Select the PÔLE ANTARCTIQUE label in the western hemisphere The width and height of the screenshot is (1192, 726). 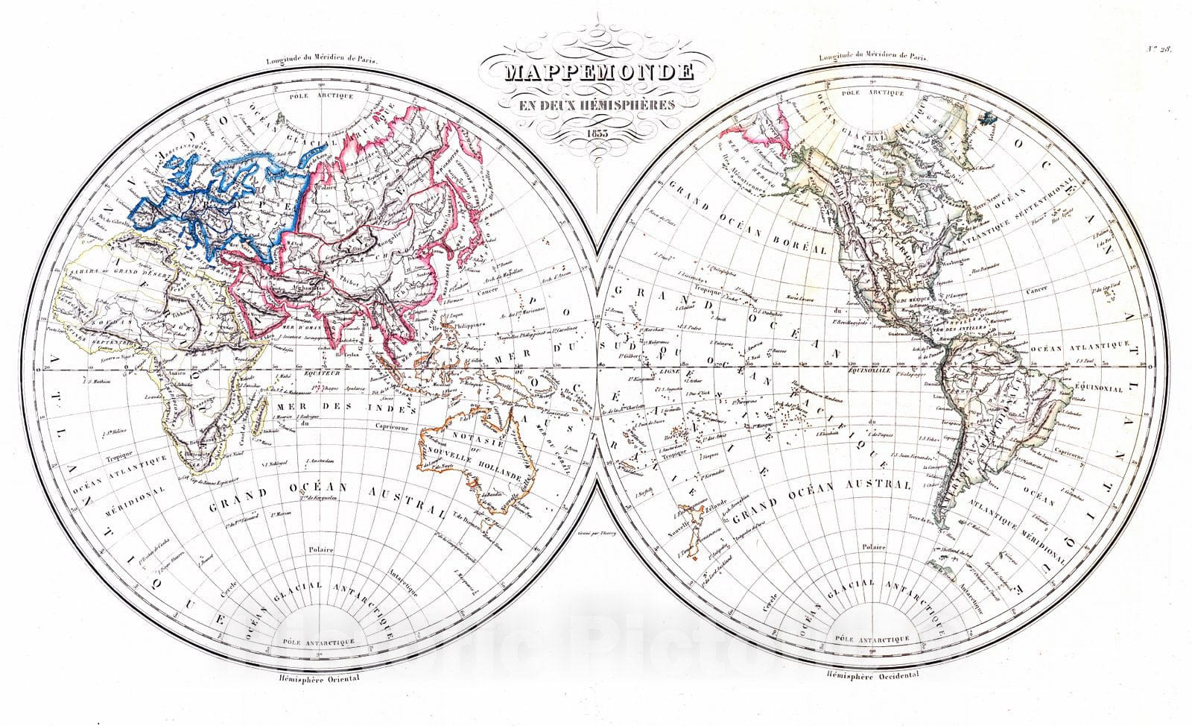coord(872,640)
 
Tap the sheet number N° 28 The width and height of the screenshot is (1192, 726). coord(1159,50)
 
